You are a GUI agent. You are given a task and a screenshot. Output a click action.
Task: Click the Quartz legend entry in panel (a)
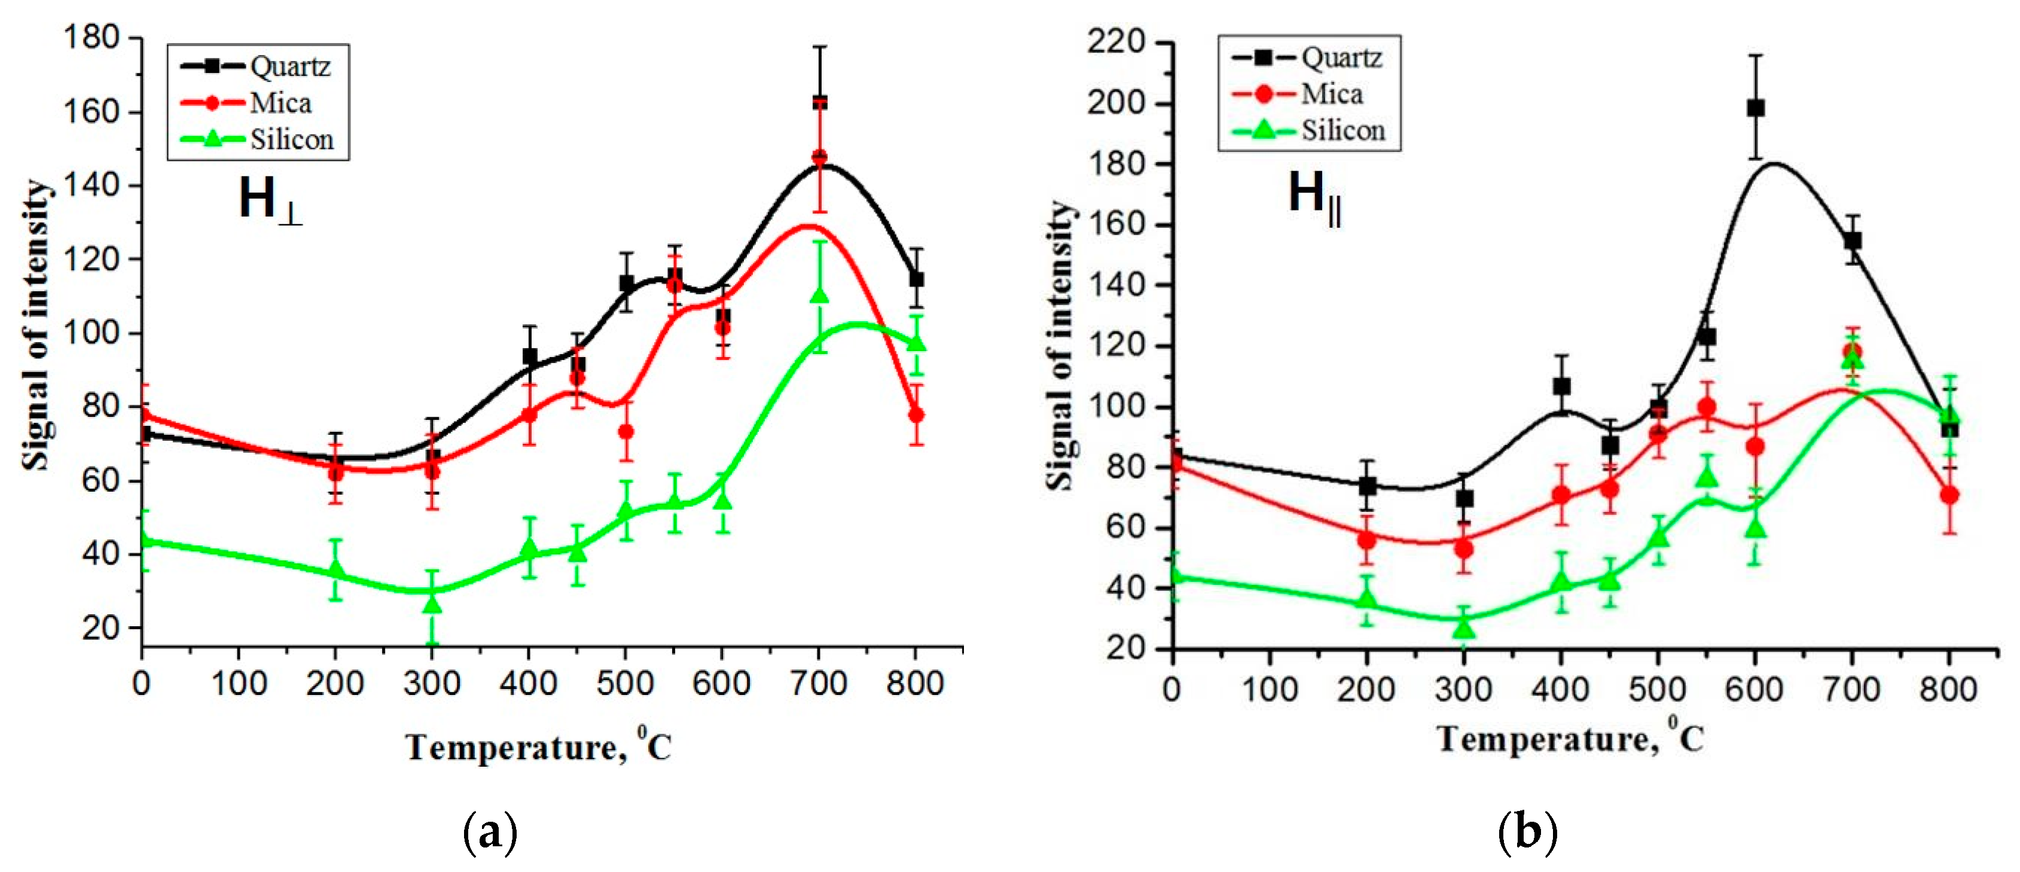pyautogui.click(x=259, y=66)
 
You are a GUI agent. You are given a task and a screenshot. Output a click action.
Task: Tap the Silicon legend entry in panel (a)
pyautogui.click(x=259, y=139)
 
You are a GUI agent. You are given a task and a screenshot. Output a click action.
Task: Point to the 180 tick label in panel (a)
pyautogui.click(x=91, y=37)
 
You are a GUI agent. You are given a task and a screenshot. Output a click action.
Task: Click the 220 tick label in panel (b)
pyautogui.click(x=1116, y=42)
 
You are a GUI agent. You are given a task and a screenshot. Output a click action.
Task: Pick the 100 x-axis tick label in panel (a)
pyautogui.click(x=239, y=684)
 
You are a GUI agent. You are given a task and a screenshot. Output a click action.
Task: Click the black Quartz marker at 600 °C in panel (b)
pyautogui.click(x=1756, y=108)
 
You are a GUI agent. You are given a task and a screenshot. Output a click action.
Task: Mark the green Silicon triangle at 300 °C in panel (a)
pyautogui.click(x=432, y=603)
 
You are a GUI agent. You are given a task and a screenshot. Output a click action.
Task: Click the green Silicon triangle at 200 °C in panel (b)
pyautogui.click(x=1367, y=600)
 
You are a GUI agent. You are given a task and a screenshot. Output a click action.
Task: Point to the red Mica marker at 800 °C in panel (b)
pyautogui.click(x=1949, y=495)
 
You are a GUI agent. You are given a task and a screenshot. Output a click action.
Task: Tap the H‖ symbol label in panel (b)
pyautogui.click(x=1313, y=195)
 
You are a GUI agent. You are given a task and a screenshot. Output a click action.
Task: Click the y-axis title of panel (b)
pyautogui.click(x=1060, y=345)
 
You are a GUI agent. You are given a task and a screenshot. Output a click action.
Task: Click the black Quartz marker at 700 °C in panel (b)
pyautogui.click(x=1852, y=240)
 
